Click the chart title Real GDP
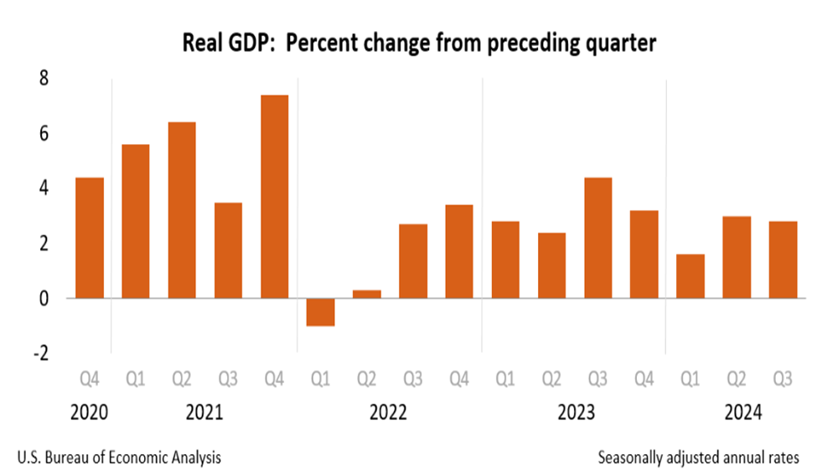[419, 44]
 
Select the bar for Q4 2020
[90, 238]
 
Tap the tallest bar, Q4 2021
[274, 197]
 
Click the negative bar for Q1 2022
[320, 312]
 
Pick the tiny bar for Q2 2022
[366, 293]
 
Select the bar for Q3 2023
[597, 238]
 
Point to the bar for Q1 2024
[690, 276]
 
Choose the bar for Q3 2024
[782, 260]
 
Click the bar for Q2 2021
[182, 210]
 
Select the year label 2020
[90, 413]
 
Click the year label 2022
[389, 413]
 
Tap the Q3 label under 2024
[782, 380]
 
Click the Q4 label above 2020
[90, 380]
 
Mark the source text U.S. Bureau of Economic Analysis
[120, 457]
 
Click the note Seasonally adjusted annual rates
[699, 457]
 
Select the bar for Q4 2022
[458, 251]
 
